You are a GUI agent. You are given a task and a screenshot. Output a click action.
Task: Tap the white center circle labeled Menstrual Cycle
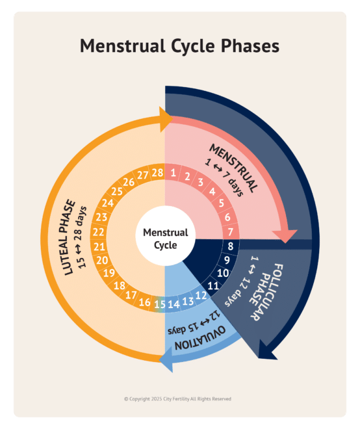click(x=165, y=239)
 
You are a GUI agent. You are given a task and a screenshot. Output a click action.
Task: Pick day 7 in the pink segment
click(x=230, y=231)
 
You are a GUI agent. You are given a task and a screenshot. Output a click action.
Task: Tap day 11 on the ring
click(x=212, y=285)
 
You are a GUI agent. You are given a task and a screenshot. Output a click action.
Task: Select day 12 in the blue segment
click(x=201, y=295)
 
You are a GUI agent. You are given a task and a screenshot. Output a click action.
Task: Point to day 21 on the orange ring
click(x=99, y=246)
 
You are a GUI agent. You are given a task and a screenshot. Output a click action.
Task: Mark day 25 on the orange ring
click(x=117, y=192)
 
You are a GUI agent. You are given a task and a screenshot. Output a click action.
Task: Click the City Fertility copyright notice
click(x=177, y=399)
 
